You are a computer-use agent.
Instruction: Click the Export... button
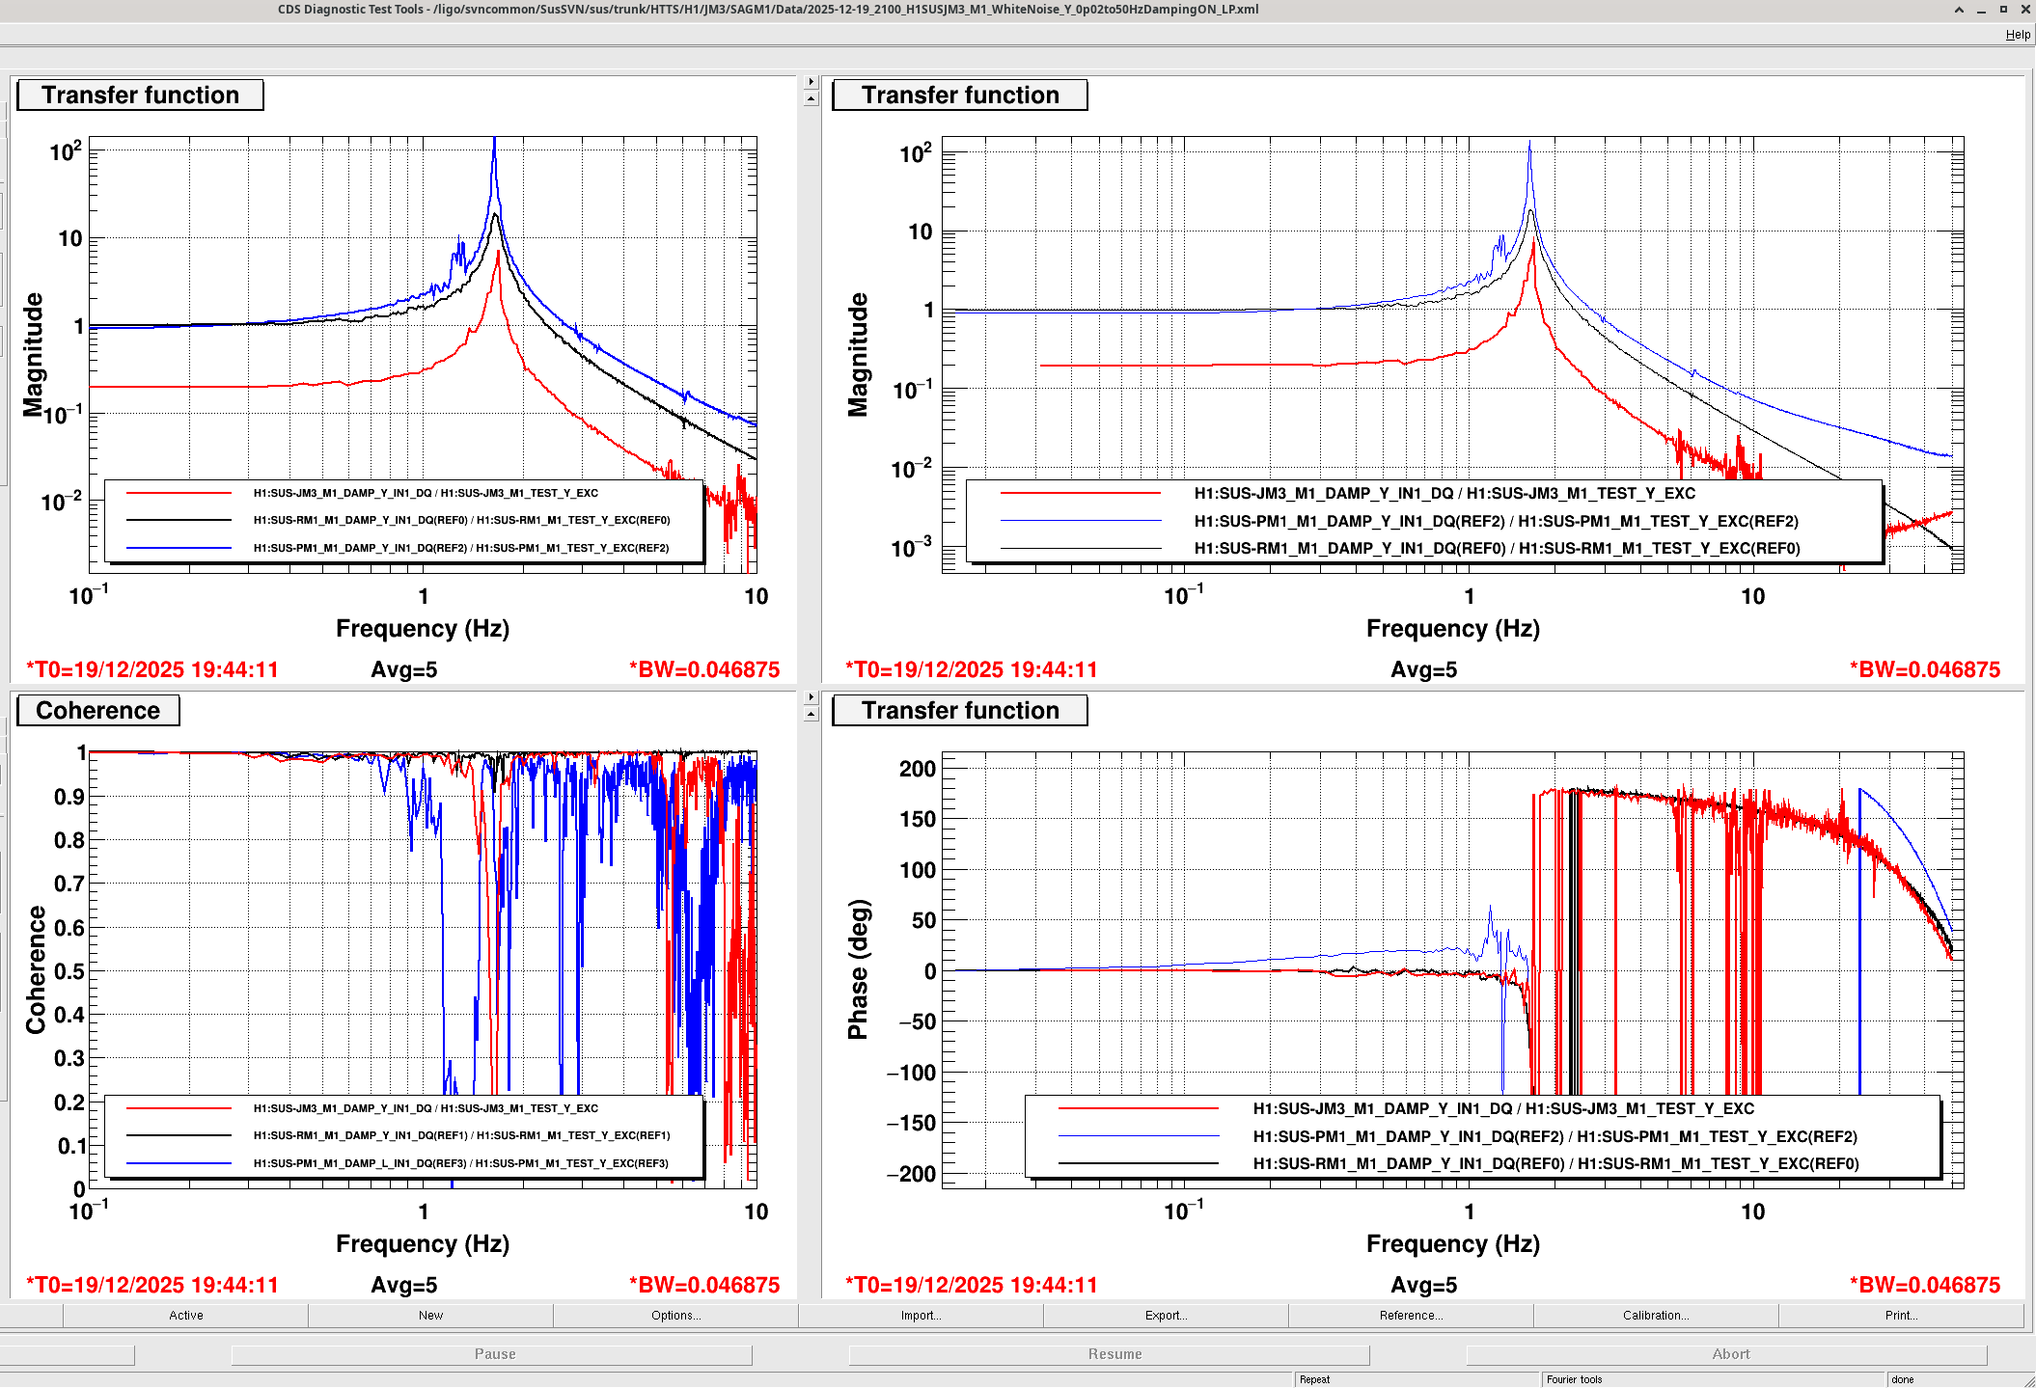click(x=1166, y=1316)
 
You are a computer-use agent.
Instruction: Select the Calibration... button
click(x=1655, y=1316)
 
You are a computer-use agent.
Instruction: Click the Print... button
click(x=1901, y=1316)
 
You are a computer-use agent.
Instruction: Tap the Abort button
click(x=1730, y=1354)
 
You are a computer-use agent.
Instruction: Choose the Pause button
click(x=494, y=1354)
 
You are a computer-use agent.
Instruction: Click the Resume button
click(x=1114, y=1354)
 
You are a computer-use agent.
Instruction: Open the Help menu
click(x=2018, y=35)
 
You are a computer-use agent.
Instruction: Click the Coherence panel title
click(x=97, y=711)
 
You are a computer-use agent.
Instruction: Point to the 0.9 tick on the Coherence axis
click(x=69, y=797)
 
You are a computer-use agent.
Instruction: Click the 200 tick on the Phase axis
click(x=917, y=770)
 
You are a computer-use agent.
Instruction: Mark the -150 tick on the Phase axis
click(x=911, y=1124)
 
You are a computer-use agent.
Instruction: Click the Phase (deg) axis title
click(x=858, y=969)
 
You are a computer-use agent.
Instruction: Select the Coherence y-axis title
click(x=36, y=969)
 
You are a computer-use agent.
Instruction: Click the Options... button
click(x=675, y=1316)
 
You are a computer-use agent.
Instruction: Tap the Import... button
click(x=921, y=1316)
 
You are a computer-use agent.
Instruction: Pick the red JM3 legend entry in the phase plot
click(x=1502, y=1109)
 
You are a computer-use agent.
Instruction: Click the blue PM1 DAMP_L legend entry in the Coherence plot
click(x=460, y=1163)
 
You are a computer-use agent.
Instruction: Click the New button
click(x=430, y=1316)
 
